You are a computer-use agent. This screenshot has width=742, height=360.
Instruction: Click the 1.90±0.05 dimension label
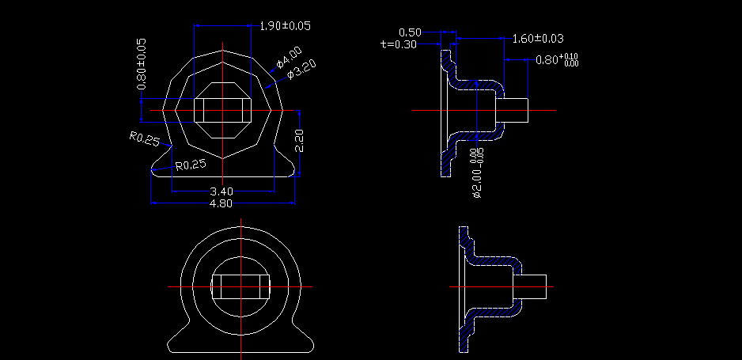point(285,25)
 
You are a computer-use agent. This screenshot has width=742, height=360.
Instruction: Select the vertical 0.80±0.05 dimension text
point(142,63)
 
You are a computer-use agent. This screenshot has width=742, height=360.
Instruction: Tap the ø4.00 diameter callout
point(289,58)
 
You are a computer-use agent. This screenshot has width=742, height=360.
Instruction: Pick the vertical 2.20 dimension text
point(299,141)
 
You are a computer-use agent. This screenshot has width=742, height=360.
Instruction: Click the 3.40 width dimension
point(221,191)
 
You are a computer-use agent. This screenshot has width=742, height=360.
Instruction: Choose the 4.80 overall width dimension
point(221,203)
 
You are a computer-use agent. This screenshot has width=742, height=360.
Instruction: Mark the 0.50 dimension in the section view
point(410,32)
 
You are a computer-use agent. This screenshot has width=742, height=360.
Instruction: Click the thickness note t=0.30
point(399,44)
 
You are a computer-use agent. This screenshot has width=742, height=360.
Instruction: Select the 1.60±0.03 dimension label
point(538,38)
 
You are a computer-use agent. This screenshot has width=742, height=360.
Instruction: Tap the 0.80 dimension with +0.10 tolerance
point(557,60)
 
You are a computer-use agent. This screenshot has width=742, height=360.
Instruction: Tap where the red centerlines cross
point(240,286)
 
